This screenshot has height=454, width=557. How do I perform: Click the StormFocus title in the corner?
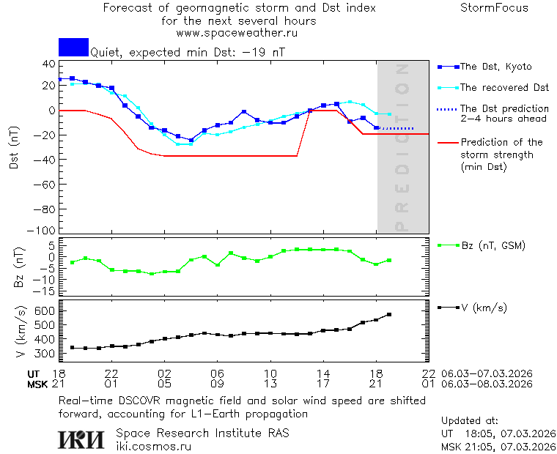coord(494,8)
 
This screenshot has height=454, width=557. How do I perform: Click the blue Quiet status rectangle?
coord(73,47)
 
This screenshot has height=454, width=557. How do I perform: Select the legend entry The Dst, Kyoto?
coord(495,67)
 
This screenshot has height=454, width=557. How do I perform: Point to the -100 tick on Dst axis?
coord(45,229)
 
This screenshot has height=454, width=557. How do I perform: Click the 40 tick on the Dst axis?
coord(49,64)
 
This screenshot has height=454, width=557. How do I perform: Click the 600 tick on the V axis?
coord(45,310)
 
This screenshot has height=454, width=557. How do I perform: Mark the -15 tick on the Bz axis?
coord(46,291)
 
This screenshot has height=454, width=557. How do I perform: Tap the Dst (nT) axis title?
coord(15,149)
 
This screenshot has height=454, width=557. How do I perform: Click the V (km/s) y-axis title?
coord(19,332)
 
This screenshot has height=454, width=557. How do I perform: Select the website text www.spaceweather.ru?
coord(237,33)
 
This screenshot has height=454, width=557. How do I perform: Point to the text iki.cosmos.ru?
coord(153,445)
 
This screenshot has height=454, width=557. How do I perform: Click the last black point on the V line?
coord(389,314)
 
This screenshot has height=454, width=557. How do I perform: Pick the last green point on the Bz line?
coord(389,260)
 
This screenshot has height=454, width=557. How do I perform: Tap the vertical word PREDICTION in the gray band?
coord(401,146)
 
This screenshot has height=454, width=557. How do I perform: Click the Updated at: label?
coord(470,421)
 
